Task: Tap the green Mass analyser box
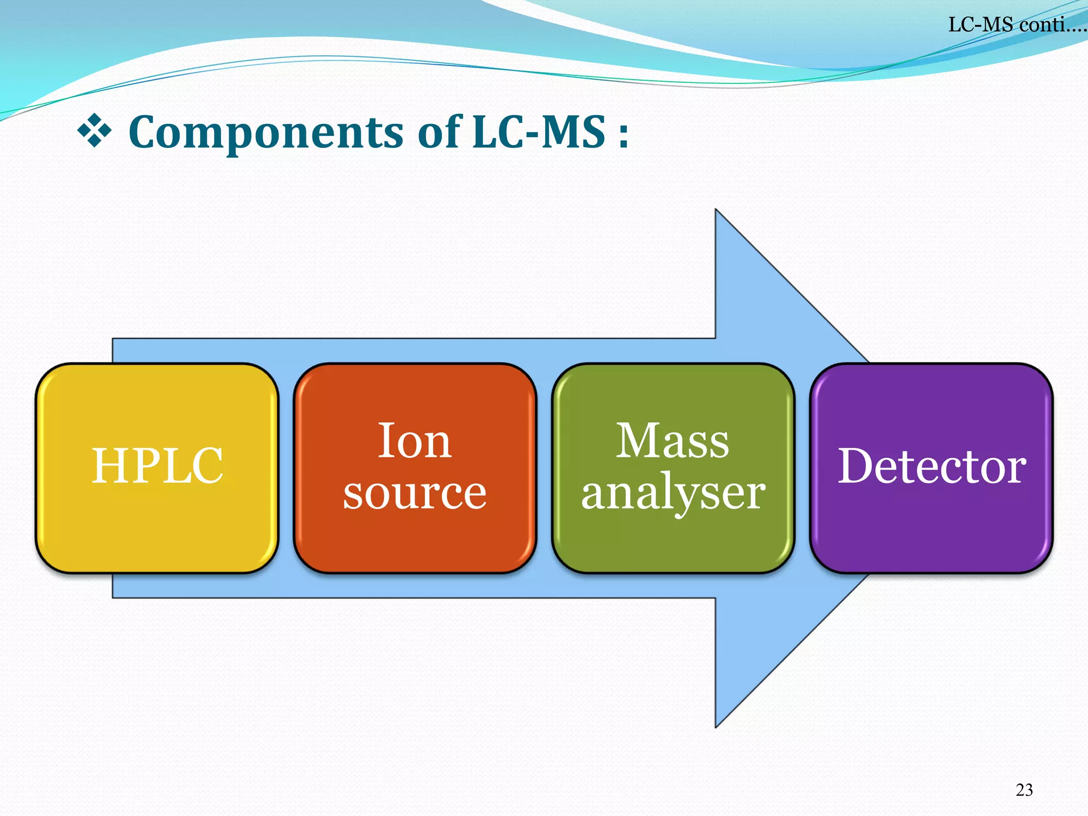click(x=673, y=537)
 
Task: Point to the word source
click(x=414, y=493)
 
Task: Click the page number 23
click(x=1024, y=790)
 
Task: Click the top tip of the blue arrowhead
click(x=716, y=210)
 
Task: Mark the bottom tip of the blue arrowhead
click(x=716, y=727)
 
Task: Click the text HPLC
click(x=157, y=466)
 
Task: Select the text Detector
click(x=932, y=466)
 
